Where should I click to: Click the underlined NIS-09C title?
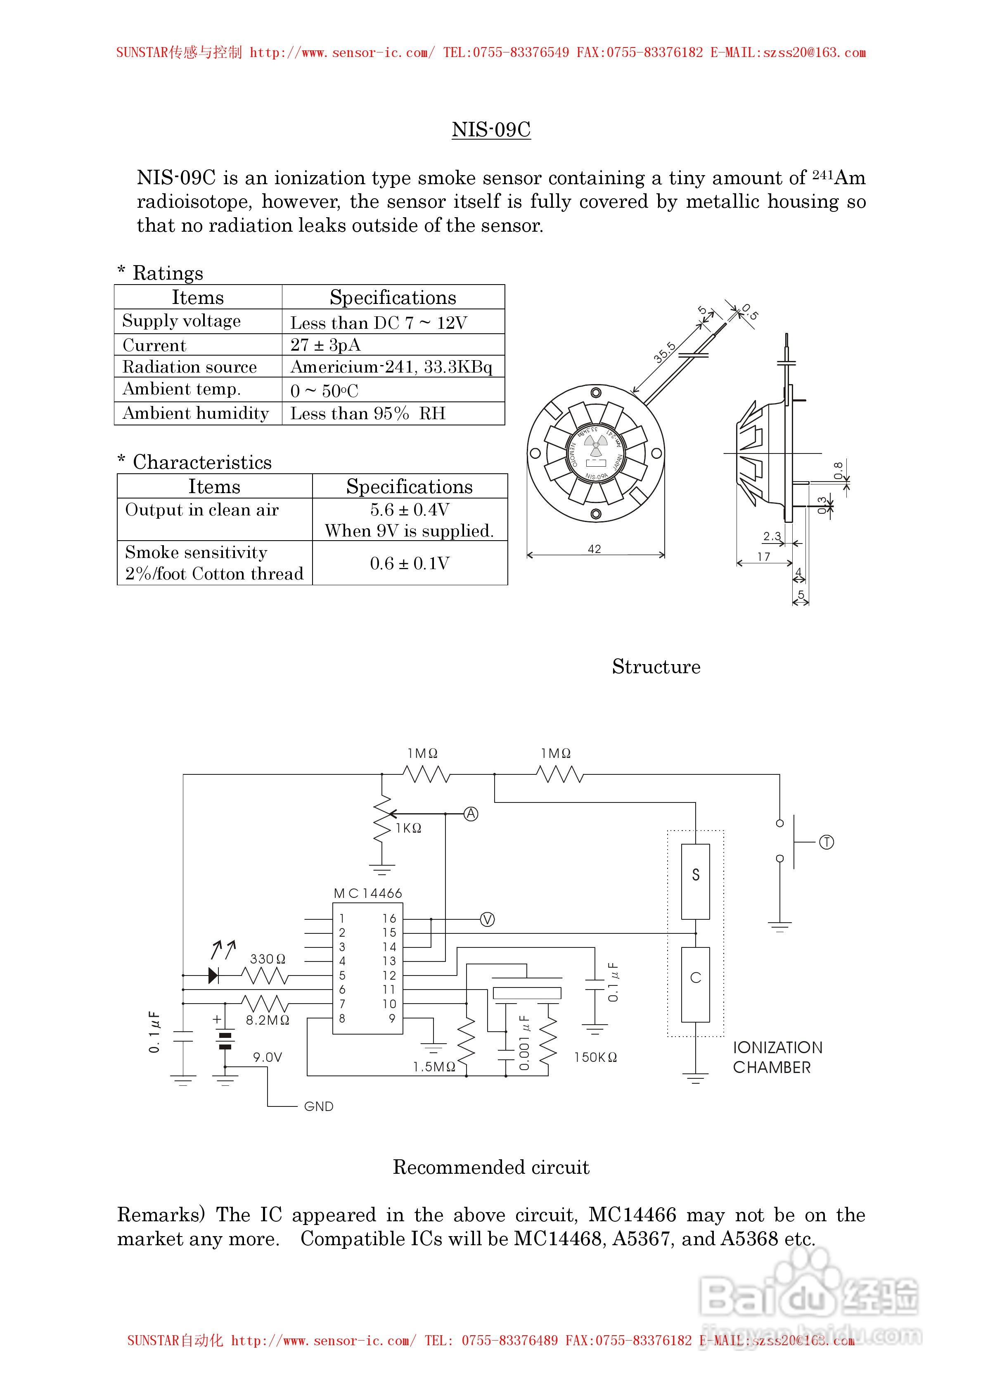491,130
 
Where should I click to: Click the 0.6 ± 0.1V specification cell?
410,563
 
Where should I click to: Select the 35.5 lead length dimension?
664,352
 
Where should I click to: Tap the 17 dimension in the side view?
764,556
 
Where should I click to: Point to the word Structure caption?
656,667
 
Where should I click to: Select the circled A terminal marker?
471,814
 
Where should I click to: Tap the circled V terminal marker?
487,920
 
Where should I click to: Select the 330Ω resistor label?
268,959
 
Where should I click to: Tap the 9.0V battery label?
268,1057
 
